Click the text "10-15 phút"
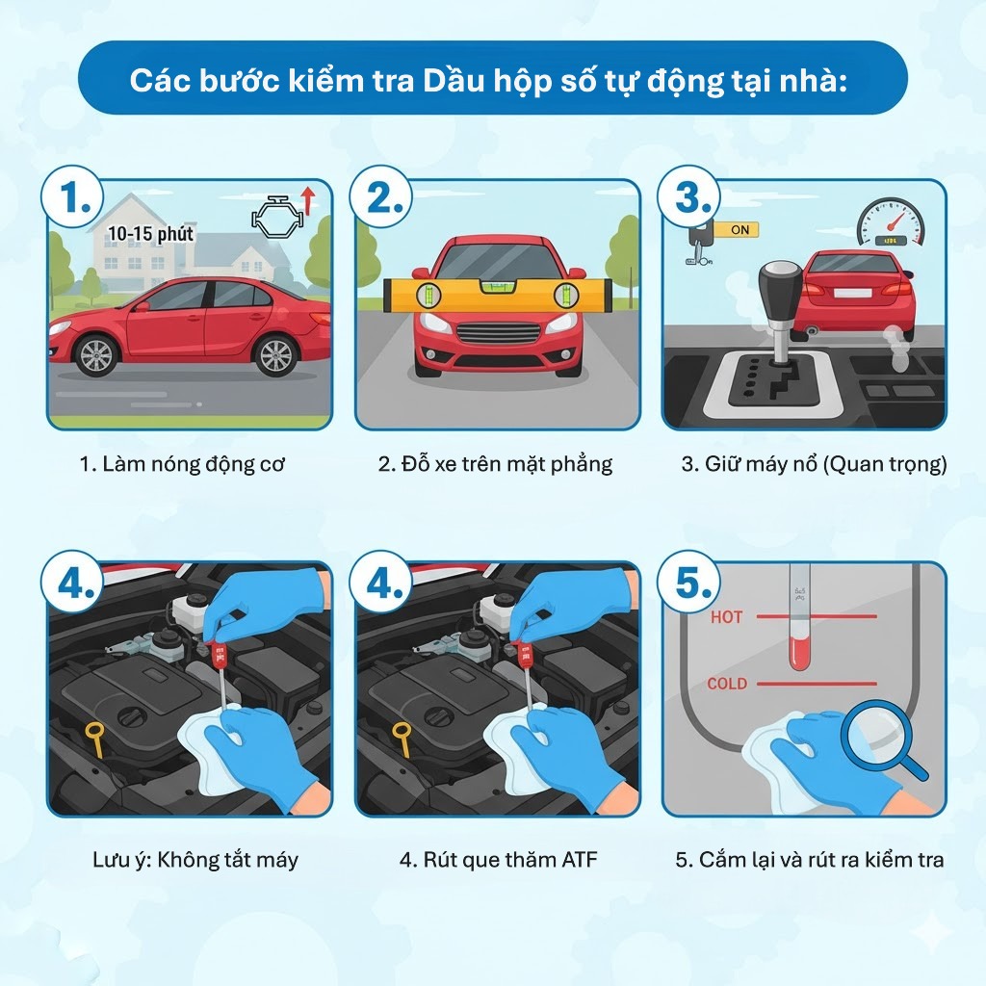click(151, 234)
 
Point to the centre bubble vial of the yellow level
click(498, 292)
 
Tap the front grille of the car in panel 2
click(497, 333)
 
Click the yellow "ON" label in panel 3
click(739, 230)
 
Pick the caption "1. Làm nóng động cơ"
click(182, 464)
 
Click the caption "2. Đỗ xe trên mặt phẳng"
click(495, 464)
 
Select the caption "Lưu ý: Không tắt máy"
click(189, 860)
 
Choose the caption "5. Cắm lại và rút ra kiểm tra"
click(810, 860)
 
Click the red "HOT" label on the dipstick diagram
click(726, 617)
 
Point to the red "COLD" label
click(727, 685)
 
